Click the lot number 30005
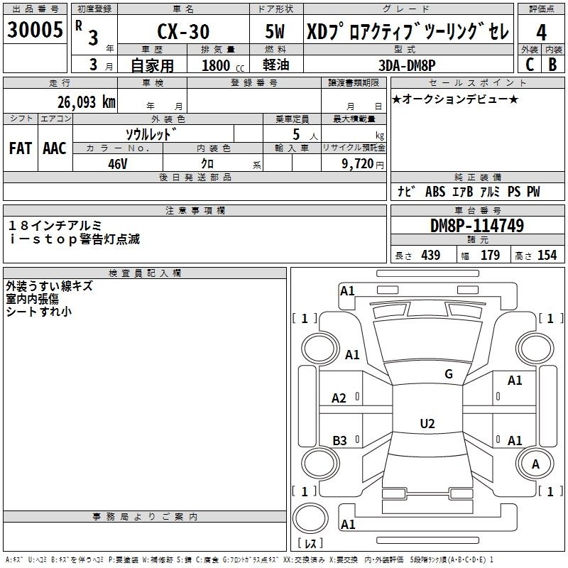[35, 30]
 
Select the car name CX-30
[183, 31]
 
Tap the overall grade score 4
[541, 33]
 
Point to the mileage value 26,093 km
[86, 102]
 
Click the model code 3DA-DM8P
[407, 65]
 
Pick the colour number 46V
[118, 164]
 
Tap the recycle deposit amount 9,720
[358, 164]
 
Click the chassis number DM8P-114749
[477, 226]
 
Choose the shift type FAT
[21, 148]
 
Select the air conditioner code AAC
[55, 148]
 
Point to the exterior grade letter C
[530, 65]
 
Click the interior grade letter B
[552, 65]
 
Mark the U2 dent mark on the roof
[427, 423]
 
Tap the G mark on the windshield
[449, 374]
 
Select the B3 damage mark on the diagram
[340, 440]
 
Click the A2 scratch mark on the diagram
[339, 398]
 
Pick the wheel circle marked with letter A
[535, 464]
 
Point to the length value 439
[431, 255]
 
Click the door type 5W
[275, 31]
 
